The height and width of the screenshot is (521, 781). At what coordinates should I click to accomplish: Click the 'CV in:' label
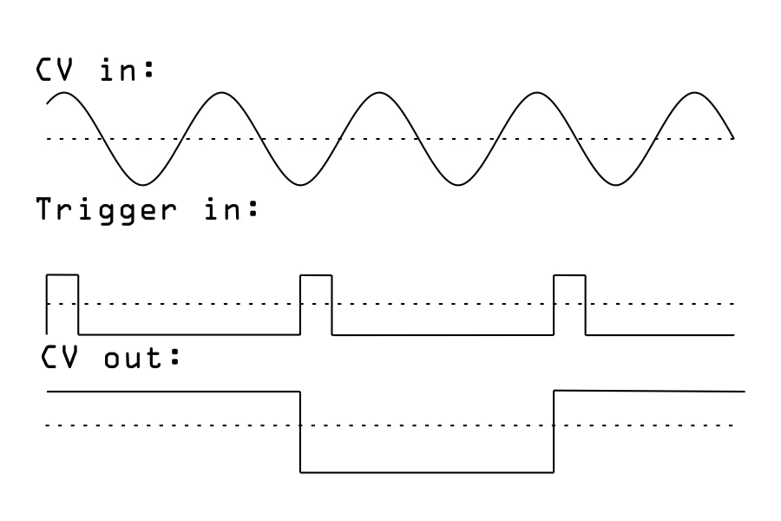[x=95, y=70]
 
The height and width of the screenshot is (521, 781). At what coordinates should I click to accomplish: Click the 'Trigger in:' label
[x=148, y=209]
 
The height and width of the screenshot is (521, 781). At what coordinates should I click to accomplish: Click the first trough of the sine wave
[x=143, y=184]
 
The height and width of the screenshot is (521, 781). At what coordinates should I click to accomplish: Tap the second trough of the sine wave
[x=301, y=184]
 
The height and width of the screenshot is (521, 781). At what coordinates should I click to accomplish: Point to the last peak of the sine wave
[x=694, y=92]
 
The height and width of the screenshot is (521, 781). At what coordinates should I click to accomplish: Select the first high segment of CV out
[x=174, y=392]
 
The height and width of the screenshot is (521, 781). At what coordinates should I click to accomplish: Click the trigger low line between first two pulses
[x=189, y=334]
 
